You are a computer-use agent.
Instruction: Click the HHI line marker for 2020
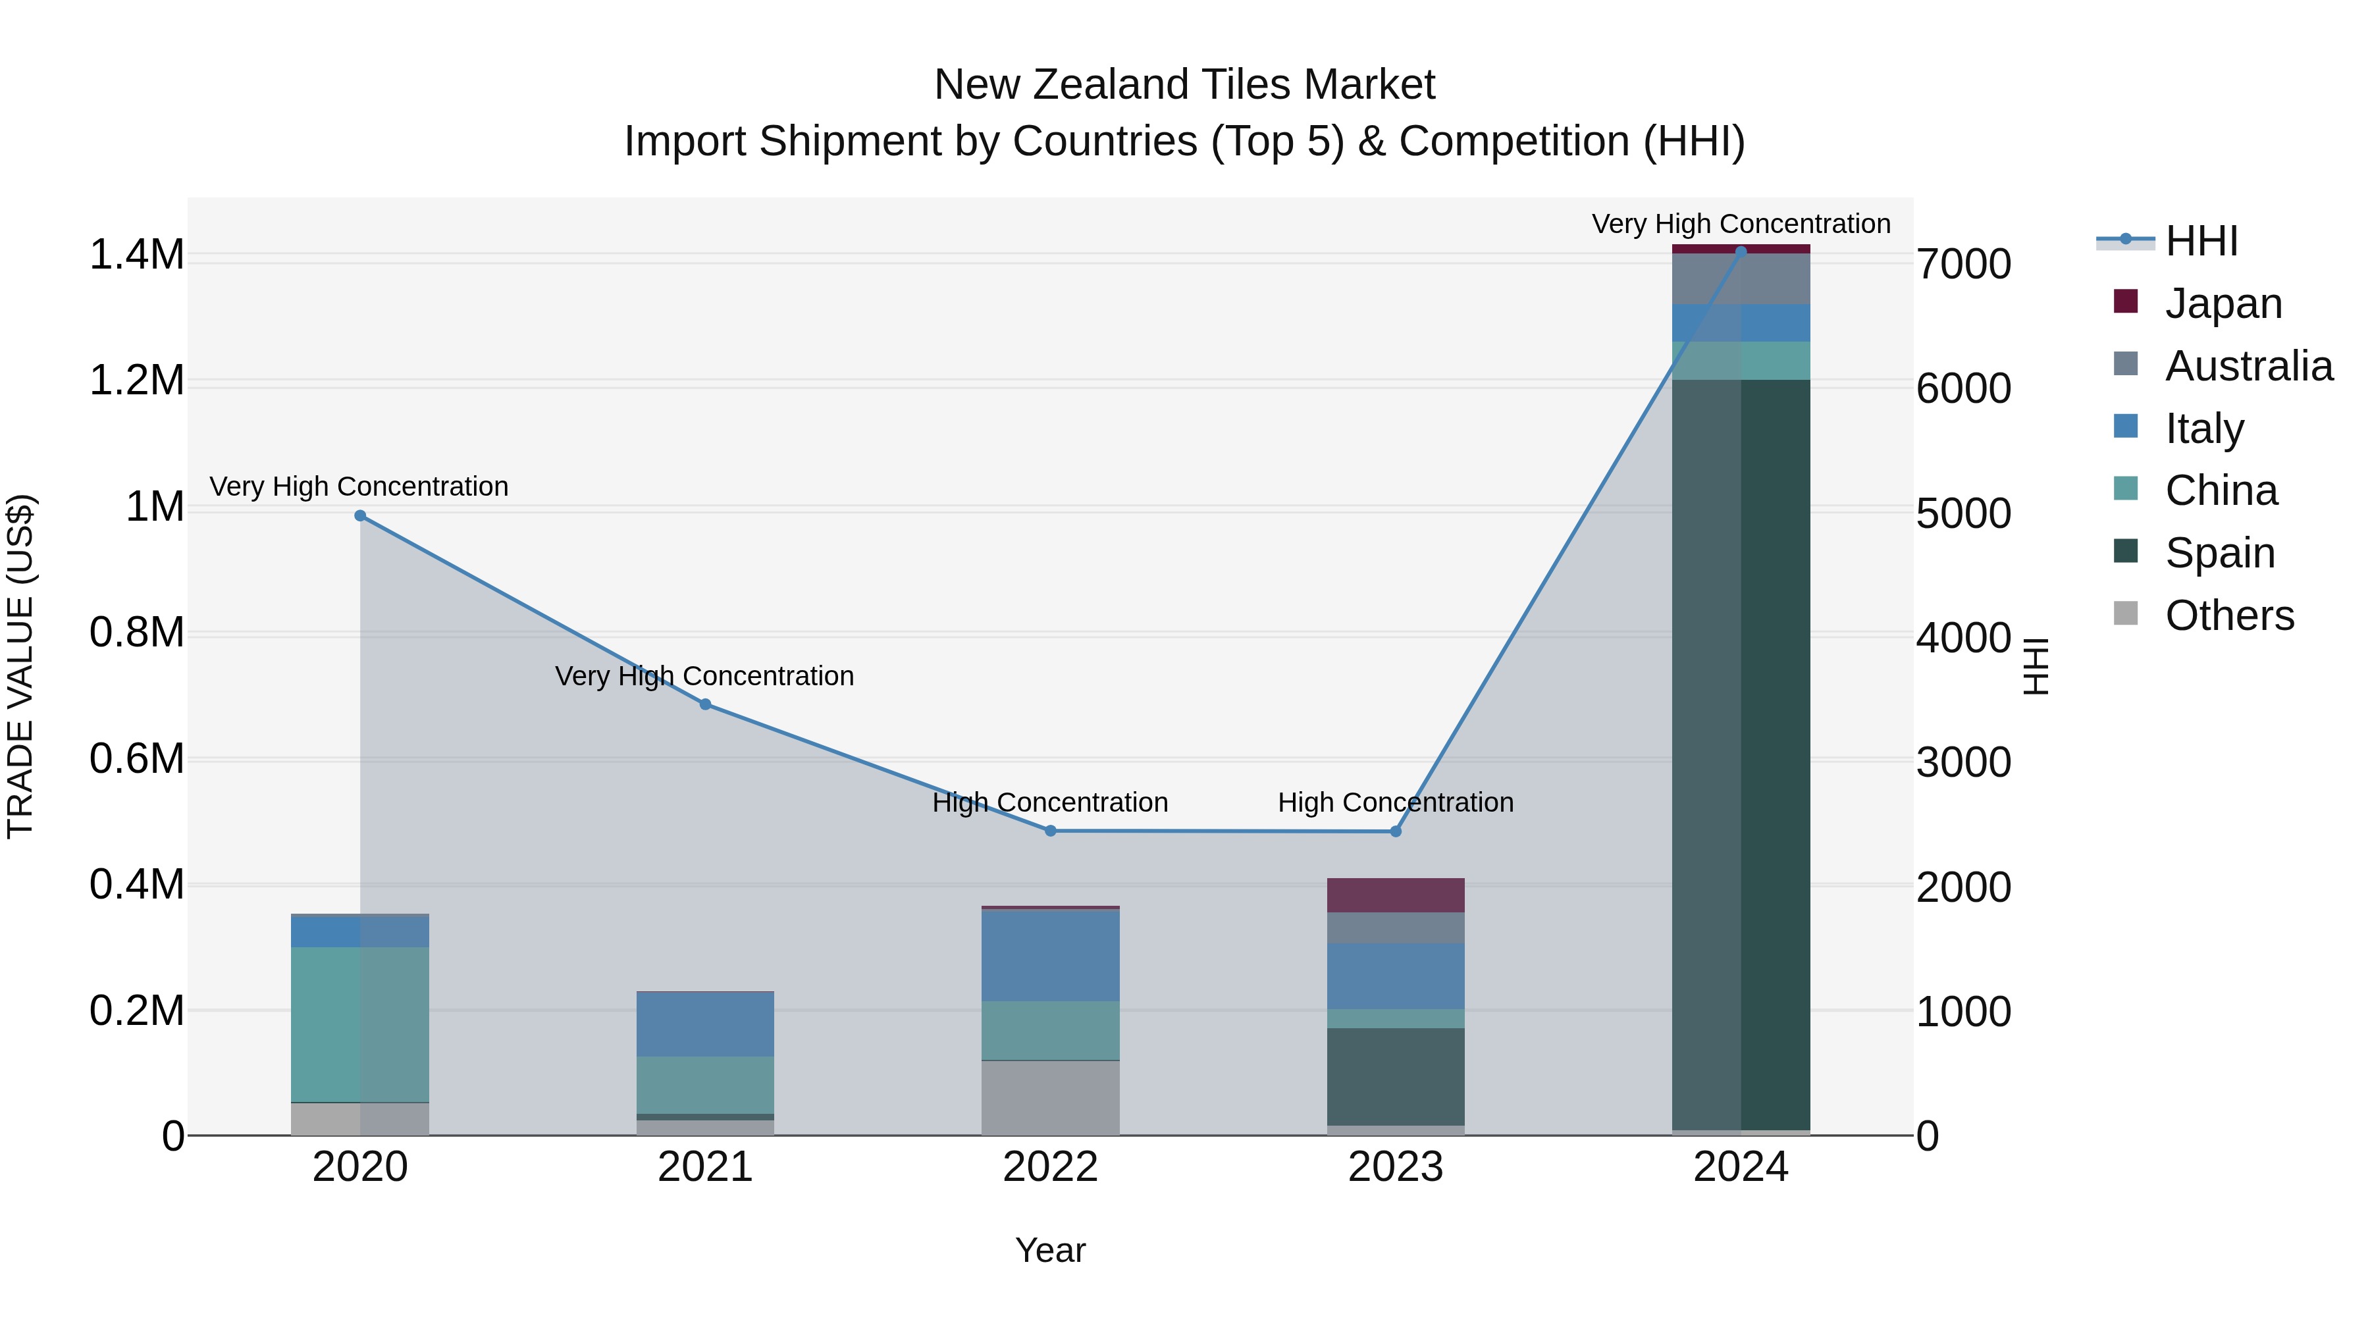point(359,516)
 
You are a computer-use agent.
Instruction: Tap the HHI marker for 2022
point(1051,831)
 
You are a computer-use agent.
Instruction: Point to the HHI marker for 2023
point(1396,831)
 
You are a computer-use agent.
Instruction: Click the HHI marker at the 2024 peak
point(1741,251)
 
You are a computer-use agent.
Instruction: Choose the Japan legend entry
point(2223,303)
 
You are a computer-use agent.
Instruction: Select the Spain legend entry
point(2219,553)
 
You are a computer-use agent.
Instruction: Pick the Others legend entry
point(2228,615)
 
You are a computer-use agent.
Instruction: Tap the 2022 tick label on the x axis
point(1051,1167)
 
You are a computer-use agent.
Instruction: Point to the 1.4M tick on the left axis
point(137,255)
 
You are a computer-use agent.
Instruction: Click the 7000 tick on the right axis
point(1963,264)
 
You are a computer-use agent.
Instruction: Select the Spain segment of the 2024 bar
point(1741,754)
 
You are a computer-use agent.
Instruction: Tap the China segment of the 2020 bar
point(359,1024)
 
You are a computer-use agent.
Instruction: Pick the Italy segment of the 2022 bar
point(1051,955)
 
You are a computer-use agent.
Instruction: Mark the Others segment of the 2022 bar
point(1051,1097)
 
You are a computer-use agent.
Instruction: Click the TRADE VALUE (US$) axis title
point(21,666)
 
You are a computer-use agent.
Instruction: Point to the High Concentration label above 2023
point(1396,802)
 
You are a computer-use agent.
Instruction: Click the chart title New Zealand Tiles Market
point(1184,85)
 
